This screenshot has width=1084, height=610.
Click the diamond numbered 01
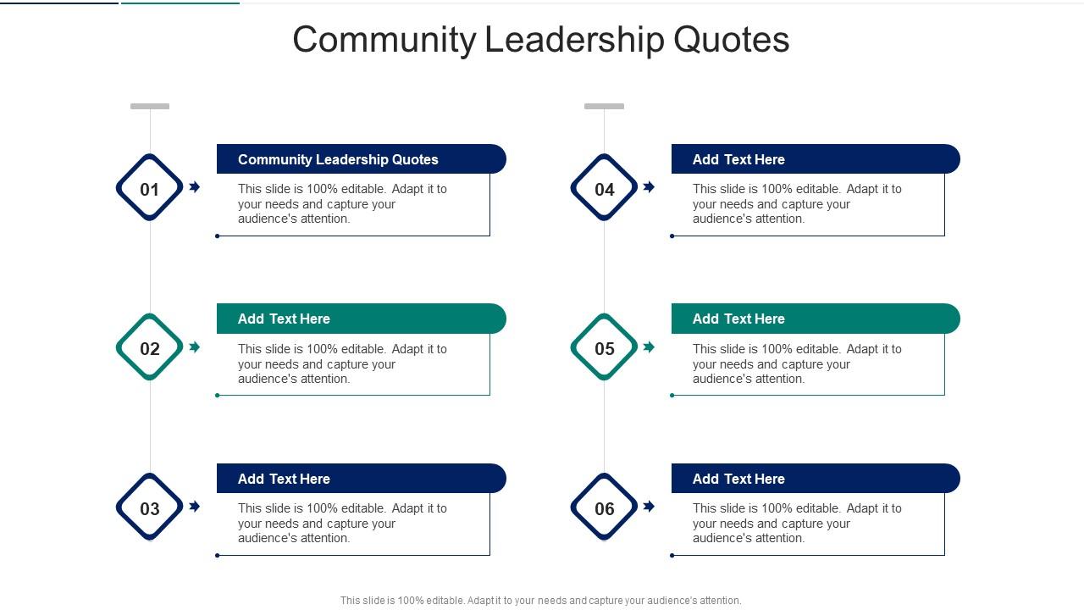[150, 188]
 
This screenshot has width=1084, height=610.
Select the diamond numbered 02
[150, 347]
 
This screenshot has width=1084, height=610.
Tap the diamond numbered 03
[150, 507]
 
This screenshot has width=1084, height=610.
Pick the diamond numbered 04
[604, 188]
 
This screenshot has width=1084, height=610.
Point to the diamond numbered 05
[604, 347]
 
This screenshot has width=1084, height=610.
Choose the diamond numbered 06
[604, 507]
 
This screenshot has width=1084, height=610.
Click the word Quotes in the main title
[732, 40]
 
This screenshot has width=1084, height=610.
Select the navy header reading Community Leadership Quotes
[361, 159]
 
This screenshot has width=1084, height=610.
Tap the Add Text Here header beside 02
[361, 319]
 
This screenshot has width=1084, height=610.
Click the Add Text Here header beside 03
[361, 479]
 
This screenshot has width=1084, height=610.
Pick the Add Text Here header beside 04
[815, 159]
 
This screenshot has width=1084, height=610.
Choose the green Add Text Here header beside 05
[815, 319]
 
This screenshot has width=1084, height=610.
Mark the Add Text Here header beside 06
[815, 479]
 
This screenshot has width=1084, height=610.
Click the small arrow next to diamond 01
[195, 187]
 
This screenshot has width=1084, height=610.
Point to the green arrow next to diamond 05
[649, 347]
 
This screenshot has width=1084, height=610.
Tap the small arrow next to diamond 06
[649, 507]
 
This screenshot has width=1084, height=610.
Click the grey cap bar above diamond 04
[604, 107]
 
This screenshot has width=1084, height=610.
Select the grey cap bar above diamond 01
[150, 107]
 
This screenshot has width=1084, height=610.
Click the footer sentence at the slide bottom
[540, 601]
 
